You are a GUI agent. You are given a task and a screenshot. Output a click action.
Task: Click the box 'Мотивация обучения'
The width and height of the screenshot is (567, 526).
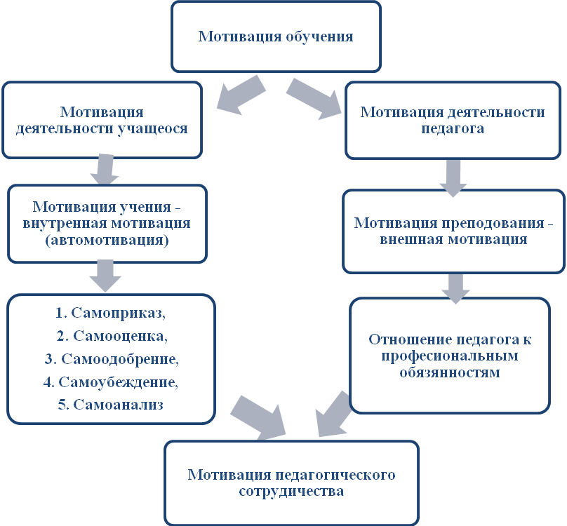pos(276,36)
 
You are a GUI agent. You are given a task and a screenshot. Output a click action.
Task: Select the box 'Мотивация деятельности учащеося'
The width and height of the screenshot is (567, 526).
pos(102,120)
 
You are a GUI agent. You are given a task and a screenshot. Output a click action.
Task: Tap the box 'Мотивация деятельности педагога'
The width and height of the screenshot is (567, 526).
pos(453,121)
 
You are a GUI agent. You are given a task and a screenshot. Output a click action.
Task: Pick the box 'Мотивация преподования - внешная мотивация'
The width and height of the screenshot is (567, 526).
pos(453,231)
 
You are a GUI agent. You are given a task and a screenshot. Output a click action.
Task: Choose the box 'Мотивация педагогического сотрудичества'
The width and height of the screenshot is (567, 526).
pos(291,483)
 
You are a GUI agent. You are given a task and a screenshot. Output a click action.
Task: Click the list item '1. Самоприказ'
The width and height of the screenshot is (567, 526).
pos(110,313)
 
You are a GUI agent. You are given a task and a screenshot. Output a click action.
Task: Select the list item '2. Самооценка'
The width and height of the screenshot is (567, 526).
pos(112,336)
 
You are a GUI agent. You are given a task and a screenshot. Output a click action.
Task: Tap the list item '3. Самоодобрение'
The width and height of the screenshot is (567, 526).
pos(112,359)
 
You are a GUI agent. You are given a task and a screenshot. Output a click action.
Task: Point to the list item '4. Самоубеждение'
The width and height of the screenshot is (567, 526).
pos(111,382)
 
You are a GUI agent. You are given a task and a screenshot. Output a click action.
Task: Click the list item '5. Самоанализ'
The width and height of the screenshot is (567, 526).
pos(111,405)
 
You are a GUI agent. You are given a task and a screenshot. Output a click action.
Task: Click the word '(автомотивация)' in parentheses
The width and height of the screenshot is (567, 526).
pos(107,241)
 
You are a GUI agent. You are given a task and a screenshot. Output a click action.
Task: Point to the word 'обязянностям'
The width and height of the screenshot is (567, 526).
pos(450,372)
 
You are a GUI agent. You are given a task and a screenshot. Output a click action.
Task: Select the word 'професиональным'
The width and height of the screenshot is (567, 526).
pos(450,356)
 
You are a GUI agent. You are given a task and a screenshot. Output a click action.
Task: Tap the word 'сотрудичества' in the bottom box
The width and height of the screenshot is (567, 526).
pos(291,492)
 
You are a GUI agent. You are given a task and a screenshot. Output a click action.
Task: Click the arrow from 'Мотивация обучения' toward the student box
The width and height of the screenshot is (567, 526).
pos(241,95)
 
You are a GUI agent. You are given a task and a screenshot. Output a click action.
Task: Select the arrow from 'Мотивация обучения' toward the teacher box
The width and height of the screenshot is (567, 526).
pos(314,98)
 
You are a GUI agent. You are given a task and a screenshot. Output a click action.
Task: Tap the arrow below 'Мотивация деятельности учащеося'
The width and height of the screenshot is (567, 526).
pos(105,170)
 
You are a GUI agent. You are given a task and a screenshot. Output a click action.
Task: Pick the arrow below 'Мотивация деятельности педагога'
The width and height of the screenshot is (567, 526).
pos(453,178)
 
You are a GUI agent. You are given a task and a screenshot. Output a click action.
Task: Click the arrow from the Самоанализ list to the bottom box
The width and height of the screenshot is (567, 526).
pos(258,417)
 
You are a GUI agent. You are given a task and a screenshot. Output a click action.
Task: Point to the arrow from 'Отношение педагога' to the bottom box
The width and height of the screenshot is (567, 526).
pos(333,414)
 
